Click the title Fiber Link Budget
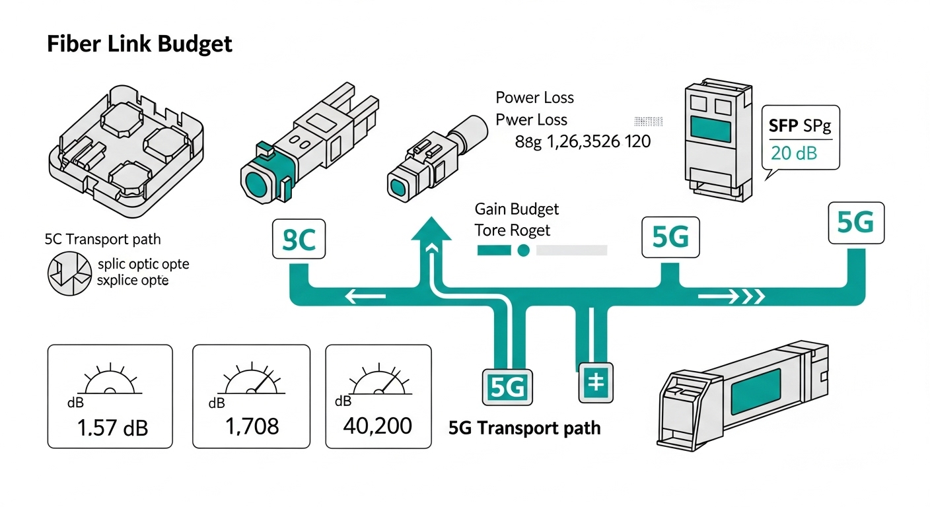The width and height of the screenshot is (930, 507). click(139, 44)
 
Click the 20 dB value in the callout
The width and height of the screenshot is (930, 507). click(793, 153)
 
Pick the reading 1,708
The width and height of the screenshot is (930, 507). click(252, 426)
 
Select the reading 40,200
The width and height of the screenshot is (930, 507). click(377, 425)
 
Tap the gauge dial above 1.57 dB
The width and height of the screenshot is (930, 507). click(110, 381)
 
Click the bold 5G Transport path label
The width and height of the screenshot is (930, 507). click(524, 428)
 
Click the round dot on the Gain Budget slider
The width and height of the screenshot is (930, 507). click(523, 251)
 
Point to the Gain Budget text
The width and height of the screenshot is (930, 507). click(517, 209)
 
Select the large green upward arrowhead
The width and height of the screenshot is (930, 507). click(431, 232)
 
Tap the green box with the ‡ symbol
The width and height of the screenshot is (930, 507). click(596, 383)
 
